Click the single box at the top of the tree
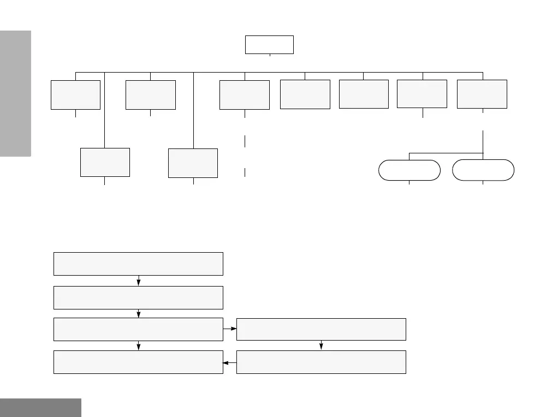coord(269,45)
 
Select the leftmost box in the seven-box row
coord(75,95)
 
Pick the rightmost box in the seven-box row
coord(482,94)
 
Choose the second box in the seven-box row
coord(151,95)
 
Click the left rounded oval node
coord(409,170)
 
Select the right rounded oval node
coord(483,170)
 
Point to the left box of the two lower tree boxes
coord(105,162)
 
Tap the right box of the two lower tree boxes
coord(193,163)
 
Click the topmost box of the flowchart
coord(138,264)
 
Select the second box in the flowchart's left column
coord(138,297)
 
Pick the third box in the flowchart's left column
coord(138,329)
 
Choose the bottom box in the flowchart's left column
coord(138,362)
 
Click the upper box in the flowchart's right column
coord(321,329)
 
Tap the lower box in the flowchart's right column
coord(321,362)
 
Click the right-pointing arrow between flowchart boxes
coord(230,329)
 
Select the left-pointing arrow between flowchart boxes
coord(230,362)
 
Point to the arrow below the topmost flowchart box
coord(139,281)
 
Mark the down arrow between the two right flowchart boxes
coord(321,345)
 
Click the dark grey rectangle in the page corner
coord(40,408)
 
